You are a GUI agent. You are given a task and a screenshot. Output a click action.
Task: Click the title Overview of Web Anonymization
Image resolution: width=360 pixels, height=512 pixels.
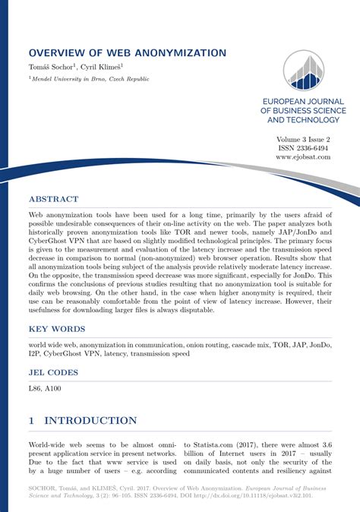[127, 53]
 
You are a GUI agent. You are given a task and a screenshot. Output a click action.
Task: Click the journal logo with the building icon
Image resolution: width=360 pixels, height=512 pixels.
[303, 71]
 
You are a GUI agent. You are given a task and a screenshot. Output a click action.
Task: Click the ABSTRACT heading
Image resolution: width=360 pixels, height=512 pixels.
[53, 200]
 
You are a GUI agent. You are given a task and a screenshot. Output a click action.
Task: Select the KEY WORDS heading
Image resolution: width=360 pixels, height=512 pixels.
[57, 329]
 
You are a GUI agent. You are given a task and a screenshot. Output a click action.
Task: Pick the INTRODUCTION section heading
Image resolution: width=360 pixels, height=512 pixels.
[90, 420]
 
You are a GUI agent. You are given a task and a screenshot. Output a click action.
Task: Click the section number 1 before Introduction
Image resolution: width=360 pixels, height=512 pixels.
[32, 420]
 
